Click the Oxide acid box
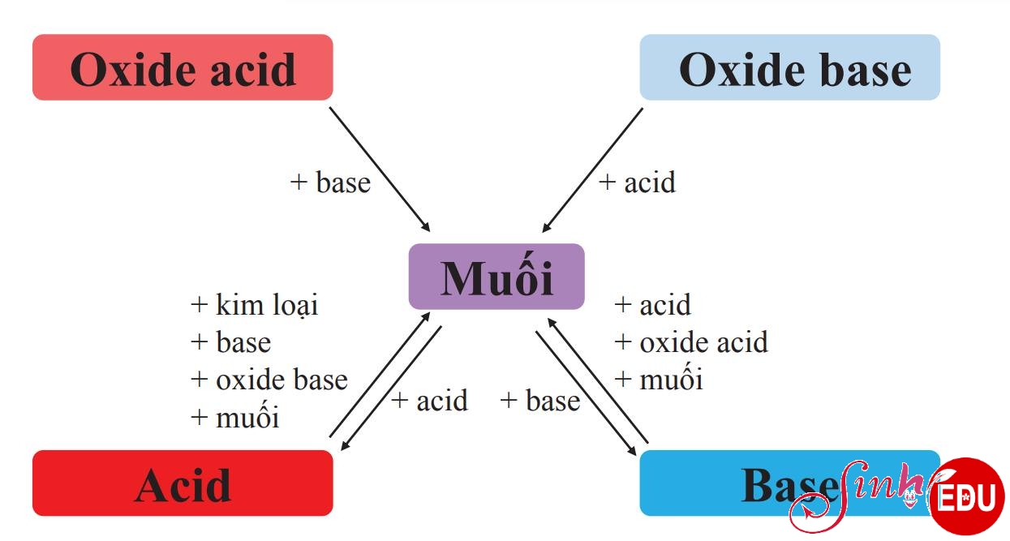[x=183, y=68]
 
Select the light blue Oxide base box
[x=789, y=68]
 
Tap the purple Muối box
[x=496, y=277]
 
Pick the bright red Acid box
[x=183, y=483]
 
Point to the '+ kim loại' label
[x=254, y=305]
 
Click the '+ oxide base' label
[x=269, y=380]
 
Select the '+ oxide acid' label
[x=690, y=342]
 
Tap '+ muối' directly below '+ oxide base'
[x=234, y=417]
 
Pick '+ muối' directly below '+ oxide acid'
[x=658, y=380]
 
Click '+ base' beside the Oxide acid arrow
[x=330, y=182]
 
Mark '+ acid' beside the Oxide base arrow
[x=637, y=182]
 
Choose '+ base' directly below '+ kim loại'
[x=230, y=342]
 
